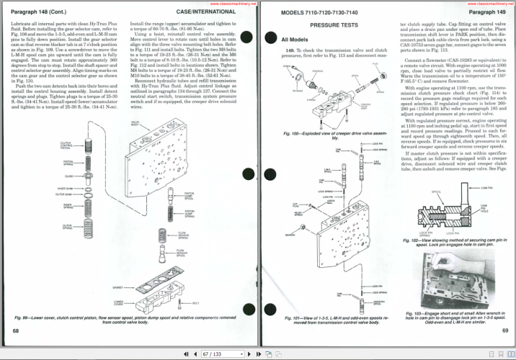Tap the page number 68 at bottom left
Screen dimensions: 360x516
coord(15,330)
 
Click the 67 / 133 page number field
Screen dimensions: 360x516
coord(214,354)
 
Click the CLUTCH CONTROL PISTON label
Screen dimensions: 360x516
coord(66,146)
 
